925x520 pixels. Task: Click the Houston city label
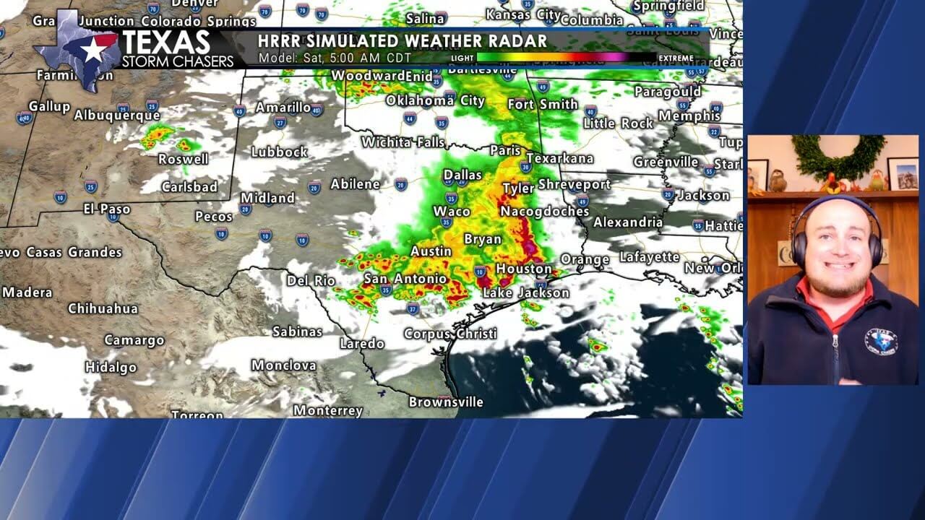click(524, 269)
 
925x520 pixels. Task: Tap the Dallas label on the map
click(462, 175)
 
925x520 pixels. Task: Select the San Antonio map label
click(405, 279)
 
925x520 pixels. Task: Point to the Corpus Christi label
click(450, 334)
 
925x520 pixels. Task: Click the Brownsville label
click(446, 402)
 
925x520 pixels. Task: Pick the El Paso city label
click(107, 209)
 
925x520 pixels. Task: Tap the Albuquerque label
click(117, 115)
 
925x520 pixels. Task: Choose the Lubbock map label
click(279, 152)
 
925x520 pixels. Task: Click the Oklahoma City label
click(435, 100)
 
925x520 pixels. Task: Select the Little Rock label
click(618, 123)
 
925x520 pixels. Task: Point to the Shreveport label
click(575, 185)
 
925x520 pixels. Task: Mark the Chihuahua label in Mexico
click(103, 308)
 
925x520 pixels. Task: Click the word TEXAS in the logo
click(165, 43)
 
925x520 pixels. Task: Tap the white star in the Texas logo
click(92, 50)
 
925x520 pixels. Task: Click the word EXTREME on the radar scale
click(676, 58)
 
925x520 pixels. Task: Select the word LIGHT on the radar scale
click(462, 58)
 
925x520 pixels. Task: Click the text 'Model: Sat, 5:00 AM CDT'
click(335, 58)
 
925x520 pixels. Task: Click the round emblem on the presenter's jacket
click(881, 342)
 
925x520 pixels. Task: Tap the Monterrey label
click(328, 410)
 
